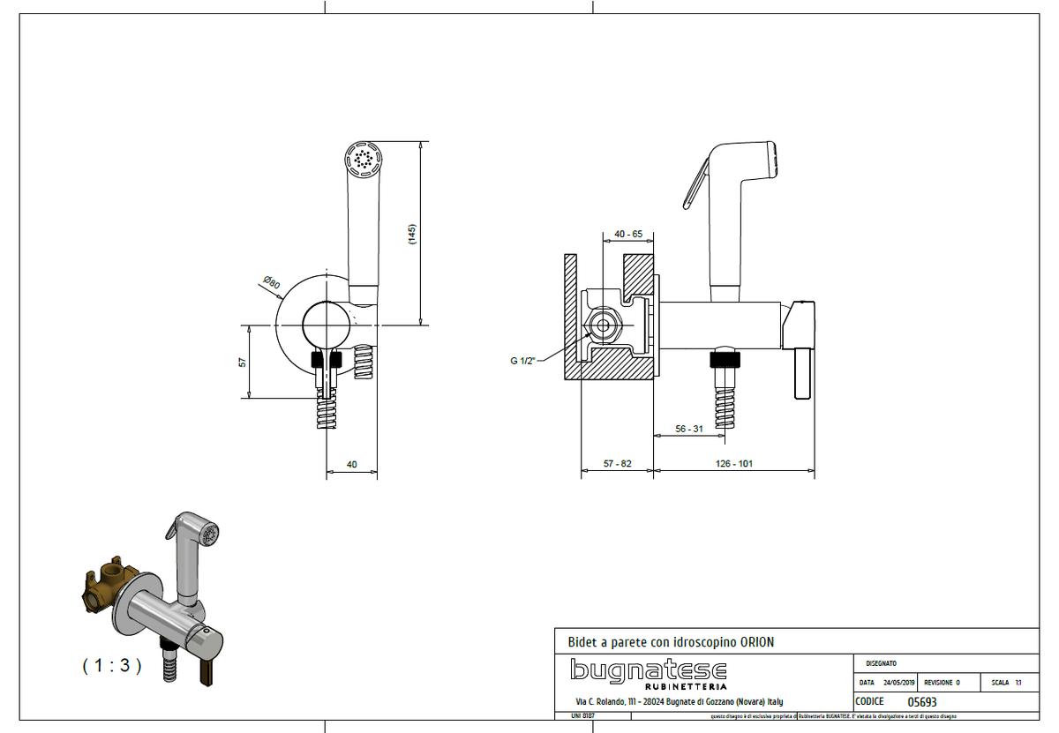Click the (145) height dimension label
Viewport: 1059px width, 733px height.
412,234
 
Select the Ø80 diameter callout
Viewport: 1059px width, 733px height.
271,283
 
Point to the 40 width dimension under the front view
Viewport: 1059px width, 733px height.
352,464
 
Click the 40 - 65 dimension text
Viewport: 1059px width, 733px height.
627,234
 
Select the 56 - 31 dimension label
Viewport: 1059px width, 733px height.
689,428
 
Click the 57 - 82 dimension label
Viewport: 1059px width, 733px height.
618,464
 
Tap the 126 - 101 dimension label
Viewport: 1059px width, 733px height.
734,464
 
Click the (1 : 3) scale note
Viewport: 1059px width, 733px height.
112,666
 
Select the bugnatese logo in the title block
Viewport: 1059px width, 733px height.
649,669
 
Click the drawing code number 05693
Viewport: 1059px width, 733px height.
922,702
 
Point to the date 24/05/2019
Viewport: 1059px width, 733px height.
898,683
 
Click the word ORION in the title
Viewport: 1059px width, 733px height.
755,642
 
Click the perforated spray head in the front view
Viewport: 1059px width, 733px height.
363,160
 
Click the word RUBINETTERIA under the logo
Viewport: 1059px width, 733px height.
686,685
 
